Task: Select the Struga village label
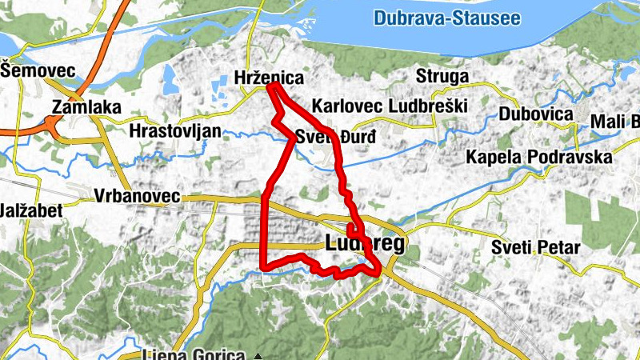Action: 442,76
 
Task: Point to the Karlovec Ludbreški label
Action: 389,106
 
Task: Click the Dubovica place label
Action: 536,114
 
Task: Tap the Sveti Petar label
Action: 535,247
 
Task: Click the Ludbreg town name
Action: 366,244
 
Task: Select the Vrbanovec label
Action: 137,196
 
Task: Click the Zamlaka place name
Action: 86,106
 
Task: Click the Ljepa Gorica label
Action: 192,354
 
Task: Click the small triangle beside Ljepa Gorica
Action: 257,354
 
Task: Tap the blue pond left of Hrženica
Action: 169,77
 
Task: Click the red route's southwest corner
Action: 263,266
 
